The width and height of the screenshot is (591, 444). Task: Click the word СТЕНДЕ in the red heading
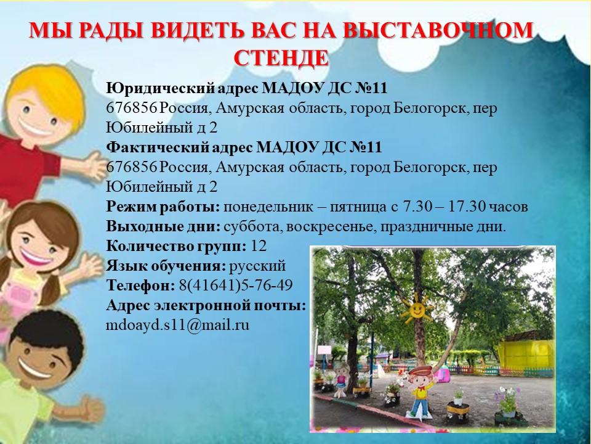(281, 58)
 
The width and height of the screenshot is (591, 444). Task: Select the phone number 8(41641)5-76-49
(236, 286)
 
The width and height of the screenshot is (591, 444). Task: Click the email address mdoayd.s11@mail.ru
(177, 325)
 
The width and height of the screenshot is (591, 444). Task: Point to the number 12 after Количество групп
(259, 246)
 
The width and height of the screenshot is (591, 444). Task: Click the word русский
(257, 266)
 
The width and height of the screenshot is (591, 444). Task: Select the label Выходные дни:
(163, 226)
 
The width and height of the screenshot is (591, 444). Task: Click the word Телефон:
(140, 286)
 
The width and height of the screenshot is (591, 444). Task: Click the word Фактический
(157, 147)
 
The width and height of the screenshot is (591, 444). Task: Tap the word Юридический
(160, 89)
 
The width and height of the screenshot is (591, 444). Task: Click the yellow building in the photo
(526, 353)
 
